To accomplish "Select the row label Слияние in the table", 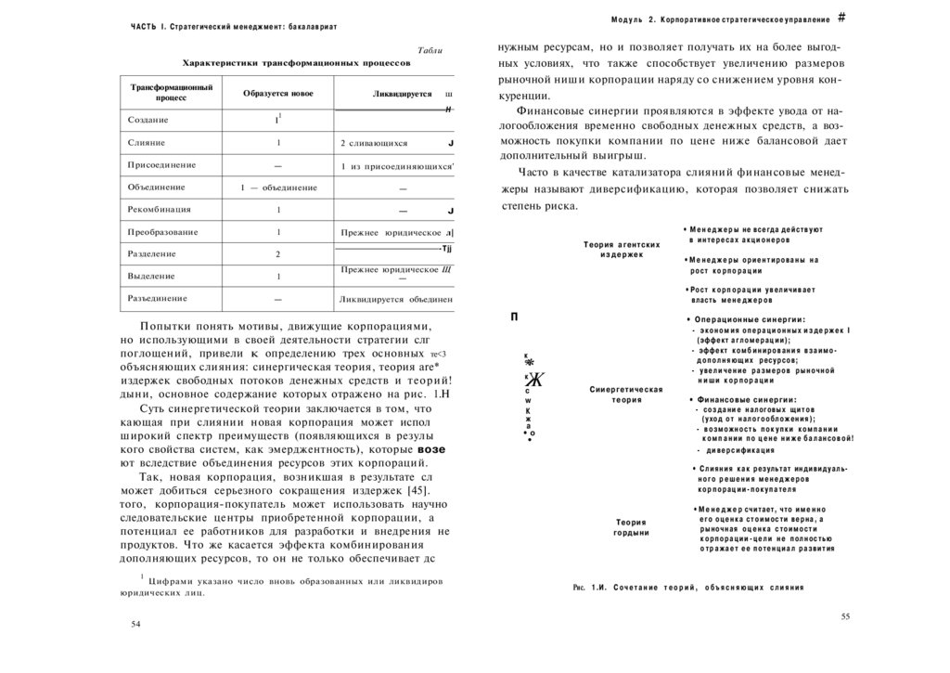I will pyautogui.click(x=147, y=143).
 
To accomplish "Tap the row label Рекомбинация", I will pyautogui.click(x=160, y=210).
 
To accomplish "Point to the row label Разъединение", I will pyautogui.click(x=158, y=299).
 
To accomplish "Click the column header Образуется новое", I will pyautogui.click(x=277, y=94).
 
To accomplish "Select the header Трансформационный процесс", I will pyautogui.click(x=172, y=92).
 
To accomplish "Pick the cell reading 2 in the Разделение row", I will pyautogui.click(x=277, y=254).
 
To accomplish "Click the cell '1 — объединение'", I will pyautogui.click(x=277, y=188).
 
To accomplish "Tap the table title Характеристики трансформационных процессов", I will pyautogui.click(x=296, y=63).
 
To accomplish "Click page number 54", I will pyautogui.click(x=136, y=625).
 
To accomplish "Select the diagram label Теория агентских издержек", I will pyautogui.click(x=622, y=249).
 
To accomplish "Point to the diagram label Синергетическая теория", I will pyautogui.click(x=626, y=395).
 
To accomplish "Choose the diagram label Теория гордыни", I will pyautogui.click(x=631, y=527).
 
